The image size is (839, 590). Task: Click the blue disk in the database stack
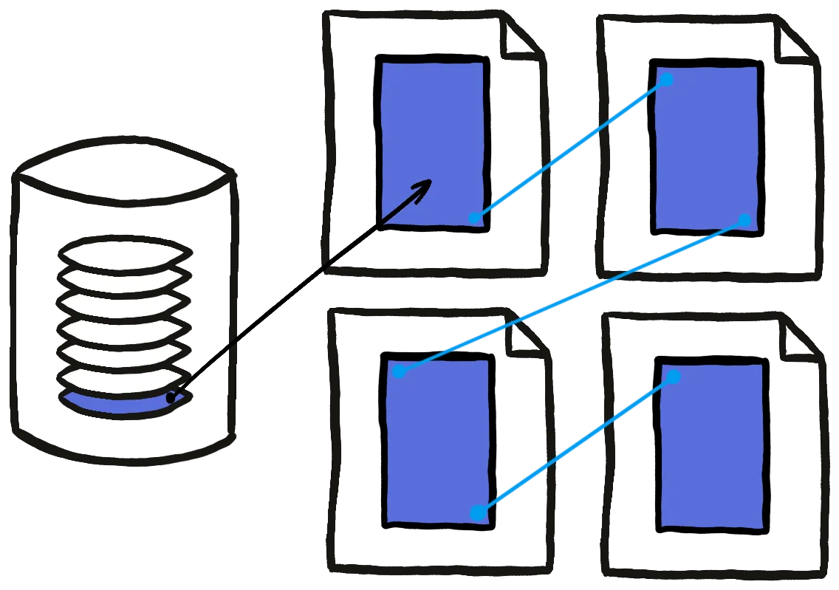coord(111,403)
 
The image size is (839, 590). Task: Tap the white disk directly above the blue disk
coord(122,380)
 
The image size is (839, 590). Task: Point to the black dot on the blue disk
coord(171,398)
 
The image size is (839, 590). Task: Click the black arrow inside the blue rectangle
coord(407,201)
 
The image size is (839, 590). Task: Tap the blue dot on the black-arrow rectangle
coord(475,218)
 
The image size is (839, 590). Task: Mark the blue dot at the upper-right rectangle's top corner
coord(665,79)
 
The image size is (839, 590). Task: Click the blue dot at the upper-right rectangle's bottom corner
coord(744,220)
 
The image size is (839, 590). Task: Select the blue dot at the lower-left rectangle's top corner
coord(399,371)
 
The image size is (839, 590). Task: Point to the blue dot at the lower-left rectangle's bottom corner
coord(478,512)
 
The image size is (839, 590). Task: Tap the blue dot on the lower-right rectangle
coord(673,377)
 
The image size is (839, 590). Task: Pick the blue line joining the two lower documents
coord(576,445)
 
